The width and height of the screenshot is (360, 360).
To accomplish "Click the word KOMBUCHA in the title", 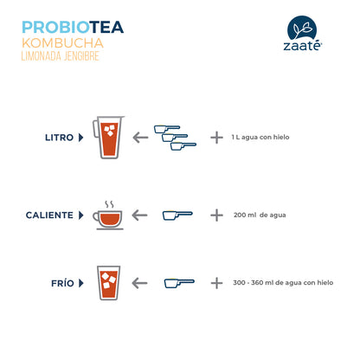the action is (62, 43).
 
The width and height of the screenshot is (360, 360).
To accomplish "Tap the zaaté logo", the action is (302, 34).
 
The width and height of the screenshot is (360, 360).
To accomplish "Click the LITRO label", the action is (60, 138).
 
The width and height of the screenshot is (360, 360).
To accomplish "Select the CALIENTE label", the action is (49, 215).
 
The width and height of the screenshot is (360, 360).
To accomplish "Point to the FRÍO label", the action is (62, 283).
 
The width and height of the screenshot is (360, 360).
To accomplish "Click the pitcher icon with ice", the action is (108, 138).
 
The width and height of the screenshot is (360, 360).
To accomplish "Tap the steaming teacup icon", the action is (108, 215).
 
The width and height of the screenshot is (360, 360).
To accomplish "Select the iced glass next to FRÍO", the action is (108, 283).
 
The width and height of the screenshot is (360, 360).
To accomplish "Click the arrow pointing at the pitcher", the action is (140, 138).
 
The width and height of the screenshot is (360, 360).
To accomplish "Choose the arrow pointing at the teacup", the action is (139, 215).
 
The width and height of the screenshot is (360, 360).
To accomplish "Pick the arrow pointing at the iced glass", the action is (139, 283).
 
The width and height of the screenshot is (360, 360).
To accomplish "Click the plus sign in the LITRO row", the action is (216, 138).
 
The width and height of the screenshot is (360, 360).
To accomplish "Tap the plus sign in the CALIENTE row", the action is (216, 215).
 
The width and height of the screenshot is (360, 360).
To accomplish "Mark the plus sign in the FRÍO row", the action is (216, 283).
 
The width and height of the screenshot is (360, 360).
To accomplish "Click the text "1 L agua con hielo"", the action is (260, 138).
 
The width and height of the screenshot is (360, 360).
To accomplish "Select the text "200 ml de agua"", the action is (260, 215).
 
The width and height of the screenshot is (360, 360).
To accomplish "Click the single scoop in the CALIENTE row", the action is (177, 215).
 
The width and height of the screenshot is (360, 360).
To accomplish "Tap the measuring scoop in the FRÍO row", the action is (179, 283).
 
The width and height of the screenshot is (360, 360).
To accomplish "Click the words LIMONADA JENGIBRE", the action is (61, 56).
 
